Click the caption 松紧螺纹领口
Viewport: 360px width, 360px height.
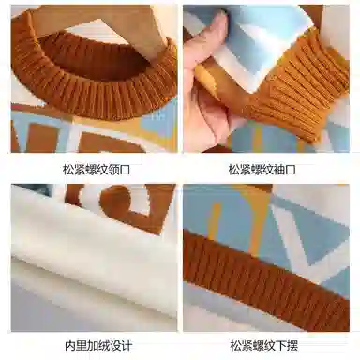coord(97,170)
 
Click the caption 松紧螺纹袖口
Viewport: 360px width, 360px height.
coord(262,170)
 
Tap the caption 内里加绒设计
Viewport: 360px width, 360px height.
coord(98,346)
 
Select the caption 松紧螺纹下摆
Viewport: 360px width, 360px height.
coord(264,346)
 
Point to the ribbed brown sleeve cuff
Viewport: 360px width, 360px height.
coord(300,87)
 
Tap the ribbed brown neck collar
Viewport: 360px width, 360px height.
coord(94,78)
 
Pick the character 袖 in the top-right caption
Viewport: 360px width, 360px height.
coord(279,170)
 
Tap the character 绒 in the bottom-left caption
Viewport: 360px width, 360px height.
coord(104,346)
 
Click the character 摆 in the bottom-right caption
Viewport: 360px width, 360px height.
coord(292,346)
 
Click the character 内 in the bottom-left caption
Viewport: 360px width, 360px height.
coord(70,346)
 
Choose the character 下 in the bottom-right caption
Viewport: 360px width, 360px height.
coord(281,346)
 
